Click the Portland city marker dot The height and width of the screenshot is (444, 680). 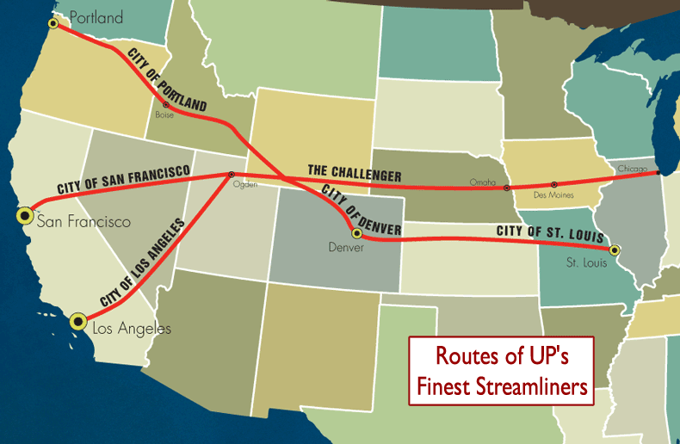tap(53, 23)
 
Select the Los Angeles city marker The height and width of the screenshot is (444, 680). tap(78, 322)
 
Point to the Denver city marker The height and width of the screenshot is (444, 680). tap(355, 233)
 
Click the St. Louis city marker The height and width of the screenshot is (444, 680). tap(614, 250)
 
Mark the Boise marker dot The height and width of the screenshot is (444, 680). tap(166, 105)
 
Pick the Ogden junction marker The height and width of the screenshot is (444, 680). tap(230, 176)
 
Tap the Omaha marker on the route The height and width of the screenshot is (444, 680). tap(506, 187)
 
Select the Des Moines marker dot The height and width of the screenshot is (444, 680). tap(554, 183)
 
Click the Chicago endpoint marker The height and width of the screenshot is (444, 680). tap(659, 173)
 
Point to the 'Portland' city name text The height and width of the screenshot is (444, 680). tap(96, 17)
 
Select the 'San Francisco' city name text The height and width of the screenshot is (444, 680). tap(83, 222)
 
